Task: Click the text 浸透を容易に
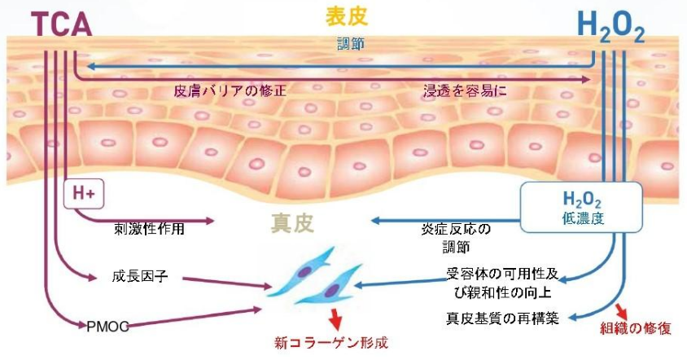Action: click(x=465, y=90)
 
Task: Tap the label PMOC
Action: click(x=108, y=326)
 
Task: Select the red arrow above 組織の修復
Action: click(x=624, y=310)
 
